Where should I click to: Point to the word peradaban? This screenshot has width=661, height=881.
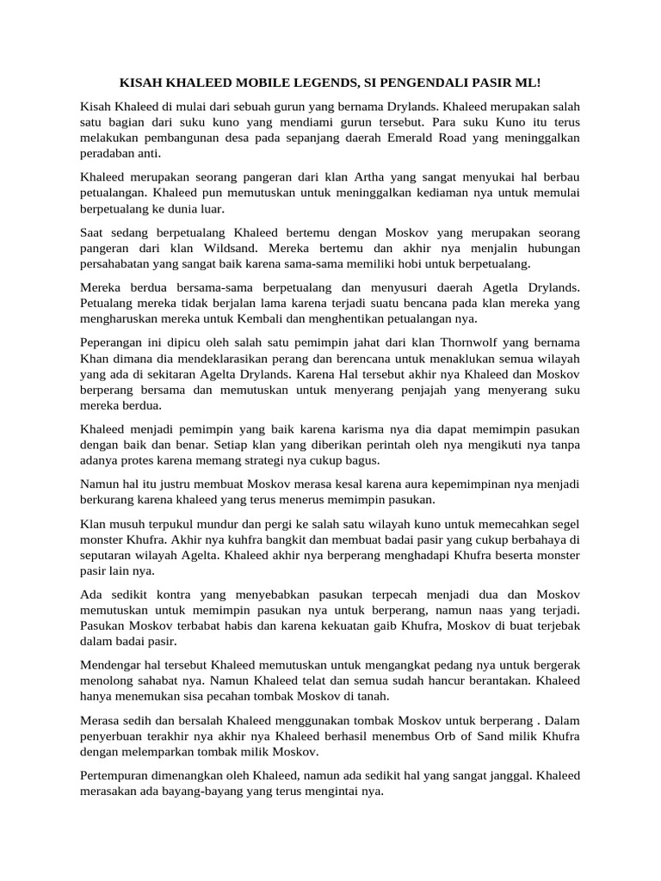tap(109, 154)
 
